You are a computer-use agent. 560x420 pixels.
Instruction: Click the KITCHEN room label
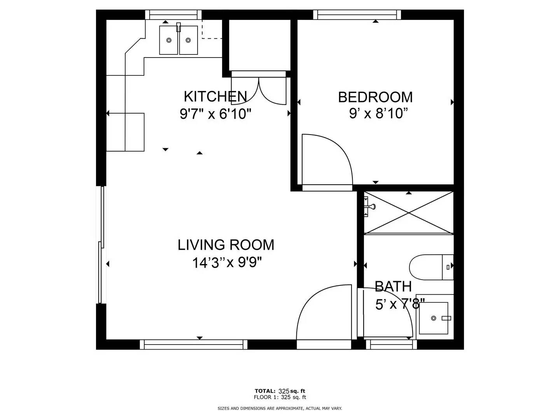(215, 96)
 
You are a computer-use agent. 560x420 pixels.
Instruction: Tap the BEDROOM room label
(375, 97)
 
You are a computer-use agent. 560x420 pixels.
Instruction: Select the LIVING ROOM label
(226, 245)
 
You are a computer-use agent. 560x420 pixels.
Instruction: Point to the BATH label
(393, 286)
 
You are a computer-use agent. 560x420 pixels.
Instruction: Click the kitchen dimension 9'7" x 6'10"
(215, 114)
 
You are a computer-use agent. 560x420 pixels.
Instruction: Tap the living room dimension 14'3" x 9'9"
(227, 262)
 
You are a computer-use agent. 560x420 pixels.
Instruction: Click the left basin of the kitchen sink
(169, 40)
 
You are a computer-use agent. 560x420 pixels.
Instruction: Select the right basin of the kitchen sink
(188, 40)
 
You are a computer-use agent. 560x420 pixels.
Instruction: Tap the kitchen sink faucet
(178, 27)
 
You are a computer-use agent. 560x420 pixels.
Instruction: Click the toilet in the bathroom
(431, 267)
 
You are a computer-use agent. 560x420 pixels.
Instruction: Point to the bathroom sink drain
(434, 318)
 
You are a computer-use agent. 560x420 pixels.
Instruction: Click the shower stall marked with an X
(408, 212)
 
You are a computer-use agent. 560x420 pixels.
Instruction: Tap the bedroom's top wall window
(357, 14)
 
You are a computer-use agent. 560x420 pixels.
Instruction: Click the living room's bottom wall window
(194, 344)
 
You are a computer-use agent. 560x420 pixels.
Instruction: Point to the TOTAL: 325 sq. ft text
(280, 391)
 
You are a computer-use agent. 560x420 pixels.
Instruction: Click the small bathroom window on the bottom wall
(391, 344)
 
